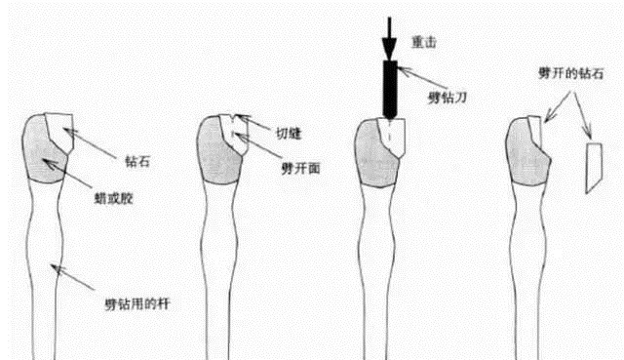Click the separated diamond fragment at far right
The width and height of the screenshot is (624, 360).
(592, 166)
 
